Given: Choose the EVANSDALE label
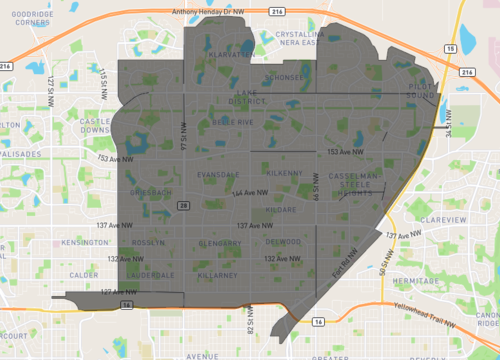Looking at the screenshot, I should pos(218,174).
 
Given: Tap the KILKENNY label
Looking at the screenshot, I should pos(285,174).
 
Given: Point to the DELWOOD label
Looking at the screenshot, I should pos(284,242).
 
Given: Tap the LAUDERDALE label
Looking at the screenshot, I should pos(153,274).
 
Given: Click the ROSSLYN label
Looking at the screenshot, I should pos(148,243).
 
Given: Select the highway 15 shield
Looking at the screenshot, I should pos(451,47).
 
